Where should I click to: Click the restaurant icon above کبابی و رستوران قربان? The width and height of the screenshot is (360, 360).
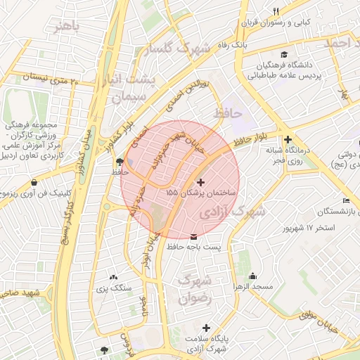tap(275, 11)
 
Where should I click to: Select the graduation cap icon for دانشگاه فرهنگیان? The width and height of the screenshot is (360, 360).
tap(283, 55)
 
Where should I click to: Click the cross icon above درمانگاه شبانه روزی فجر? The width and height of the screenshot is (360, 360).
tap(288, 139)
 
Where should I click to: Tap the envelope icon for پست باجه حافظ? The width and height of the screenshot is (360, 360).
tap(194, 236)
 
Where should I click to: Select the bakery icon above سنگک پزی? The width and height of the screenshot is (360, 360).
tap(114, 277)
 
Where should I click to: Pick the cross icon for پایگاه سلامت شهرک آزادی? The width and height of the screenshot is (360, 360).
tap(206, 328)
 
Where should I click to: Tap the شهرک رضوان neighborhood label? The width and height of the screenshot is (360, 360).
tap(195, 290)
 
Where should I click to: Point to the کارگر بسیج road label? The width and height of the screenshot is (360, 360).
tap(70, 214)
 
